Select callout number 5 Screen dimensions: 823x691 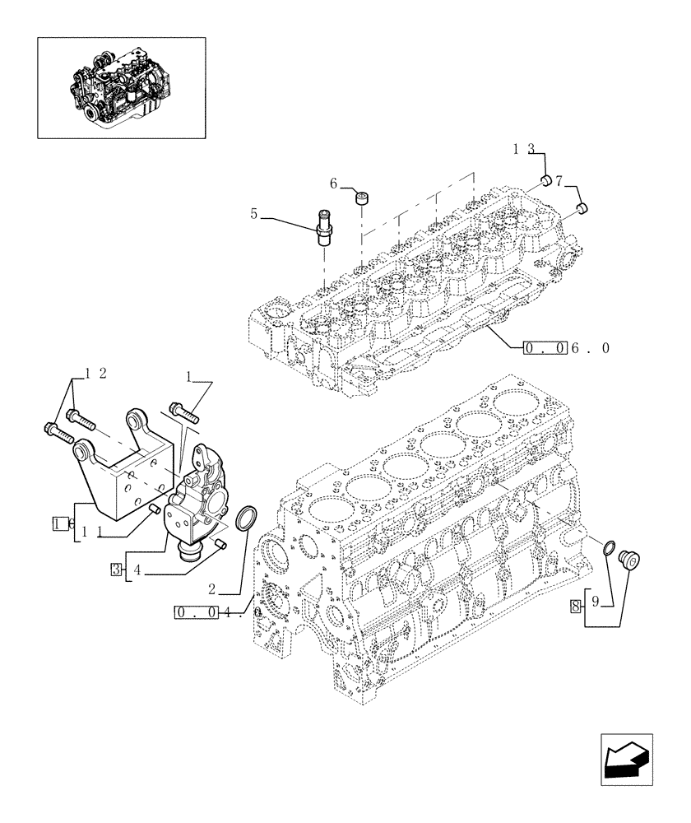[x=255, y=215]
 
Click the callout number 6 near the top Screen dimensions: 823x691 [x=334, y=184]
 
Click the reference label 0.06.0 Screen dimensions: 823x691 [x=567, y=348]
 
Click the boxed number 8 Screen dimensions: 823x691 [x=575, y=607]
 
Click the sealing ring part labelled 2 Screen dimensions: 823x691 [x=246, y=521]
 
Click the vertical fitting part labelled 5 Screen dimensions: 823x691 [x=324, y=227]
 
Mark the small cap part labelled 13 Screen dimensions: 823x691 [x=545, y=180]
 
